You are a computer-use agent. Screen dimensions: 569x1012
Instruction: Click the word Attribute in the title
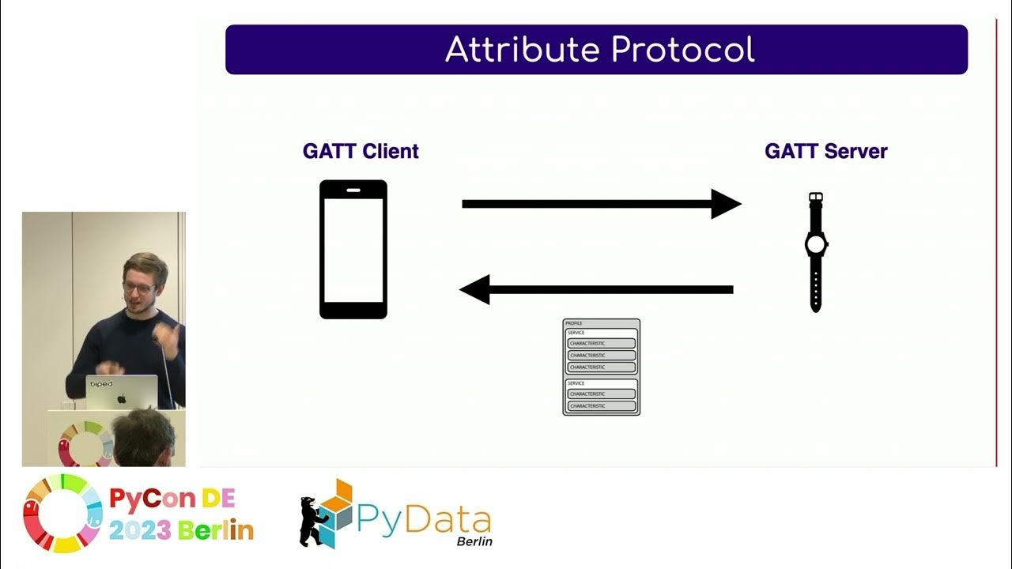click(523, 50)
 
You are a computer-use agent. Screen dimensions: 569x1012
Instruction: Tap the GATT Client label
click(361, 151)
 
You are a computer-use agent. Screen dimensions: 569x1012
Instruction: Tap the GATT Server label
click(825, 151)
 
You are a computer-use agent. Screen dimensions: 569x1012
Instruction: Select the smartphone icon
click(353, 250)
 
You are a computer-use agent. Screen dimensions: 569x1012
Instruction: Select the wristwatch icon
click(815, 251)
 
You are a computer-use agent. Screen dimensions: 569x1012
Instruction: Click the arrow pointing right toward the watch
click(601, 204)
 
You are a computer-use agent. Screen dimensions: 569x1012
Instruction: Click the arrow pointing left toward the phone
click(597, 289)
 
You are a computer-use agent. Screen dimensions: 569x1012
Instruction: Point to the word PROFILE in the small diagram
click(574, 324)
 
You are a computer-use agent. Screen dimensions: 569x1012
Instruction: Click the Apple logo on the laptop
click(122, 398)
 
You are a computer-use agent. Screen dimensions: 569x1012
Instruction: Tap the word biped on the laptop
click(101, 385)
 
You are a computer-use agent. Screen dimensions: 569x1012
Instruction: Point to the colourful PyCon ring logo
click(62, 513)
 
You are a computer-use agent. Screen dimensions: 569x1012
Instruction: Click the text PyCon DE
click(172, 499)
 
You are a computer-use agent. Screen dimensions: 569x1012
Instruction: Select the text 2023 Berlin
click(181, 530)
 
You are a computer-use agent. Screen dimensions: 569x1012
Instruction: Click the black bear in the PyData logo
click(314, 522)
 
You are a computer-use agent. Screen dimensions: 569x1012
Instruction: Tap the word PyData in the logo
click(424, 518)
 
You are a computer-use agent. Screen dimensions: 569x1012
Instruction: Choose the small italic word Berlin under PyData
click(474, 541)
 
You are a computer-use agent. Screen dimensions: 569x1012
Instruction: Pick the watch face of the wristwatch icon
click(815, 244)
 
